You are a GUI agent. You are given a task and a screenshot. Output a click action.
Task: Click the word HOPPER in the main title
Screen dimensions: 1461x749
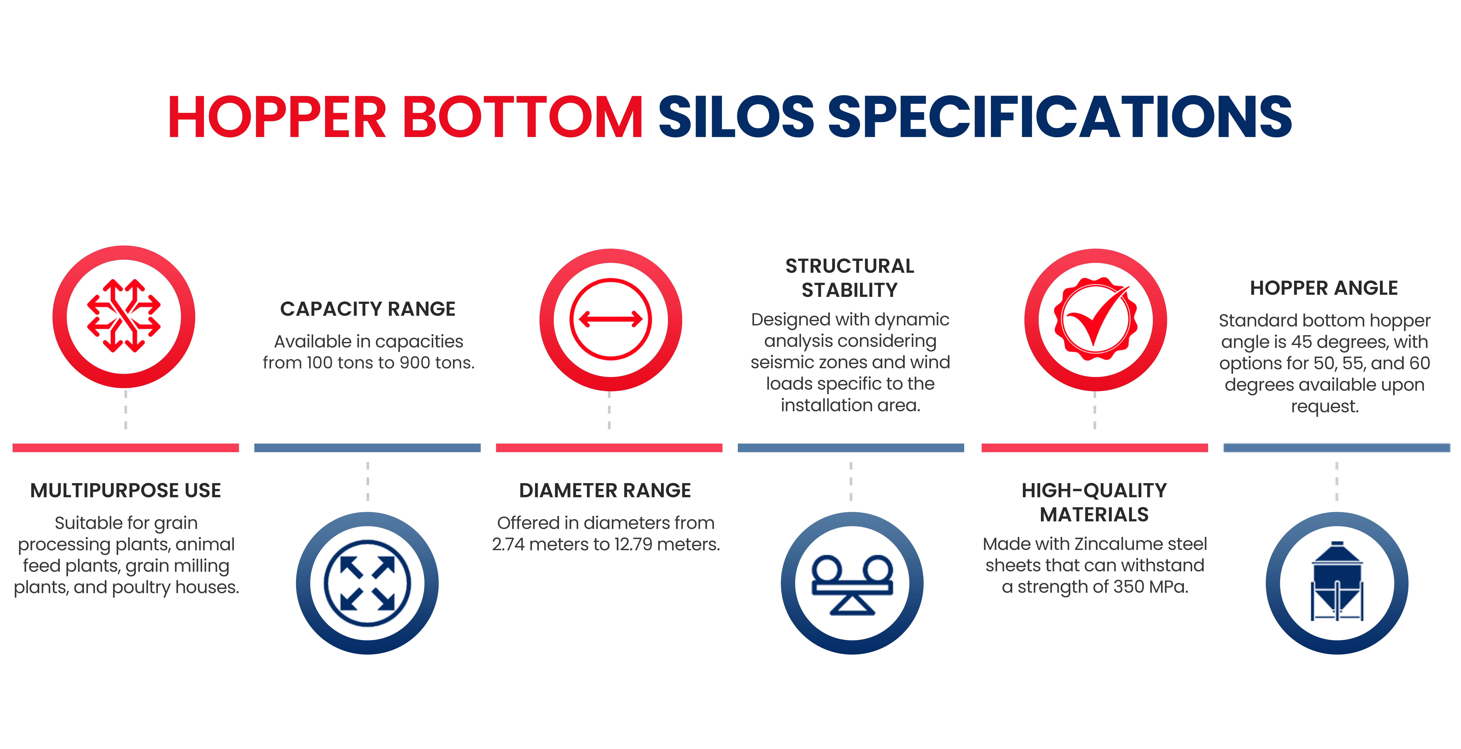click(x=277, y=117)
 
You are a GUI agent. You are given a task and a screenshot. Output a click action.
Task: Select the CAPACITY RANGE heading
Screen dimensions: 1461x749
click(x=368, y=309)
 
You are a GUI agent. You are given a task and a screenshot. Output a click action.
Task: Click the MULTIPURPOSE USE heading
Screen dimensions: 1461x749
click(x=125, y=491)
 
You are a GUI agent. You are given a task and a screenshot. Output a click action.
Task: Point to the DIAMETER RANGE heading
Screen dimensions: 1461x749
click(x=605, y=491)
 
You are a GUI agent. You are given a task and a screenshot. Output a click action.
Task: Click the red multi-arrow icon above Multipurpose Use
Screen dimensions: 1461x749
click(x=124, y=316)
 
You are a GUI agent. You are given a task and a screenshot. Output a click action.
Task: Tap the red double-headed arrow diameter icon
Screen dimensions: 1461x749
click(x=610, y=319)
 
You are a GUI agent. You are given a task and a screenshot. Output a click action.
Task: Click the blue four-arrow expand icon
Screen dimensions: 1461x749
click(x=367, y=583)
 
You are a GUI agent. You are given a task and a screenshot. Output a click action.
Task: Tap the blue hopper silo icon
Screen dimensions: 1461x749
click(x=1337, y=581)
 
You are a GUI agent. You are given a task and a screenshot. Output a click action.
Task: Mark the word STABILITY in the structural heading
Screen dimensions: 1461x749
click(x=850, y=290)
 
